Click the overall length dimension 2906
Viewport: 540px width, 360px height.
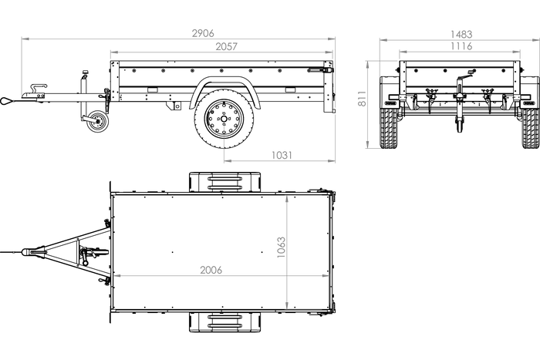203,33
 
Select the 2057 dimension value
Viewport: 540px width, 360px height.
226,46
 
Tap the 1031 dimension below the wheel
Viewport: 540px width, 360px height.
282,155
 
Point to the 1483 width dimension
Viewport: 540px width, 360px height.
461,35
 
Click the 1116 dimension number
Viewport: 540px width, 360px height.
461,46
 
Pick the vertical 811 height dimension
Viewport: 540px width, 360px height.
362,99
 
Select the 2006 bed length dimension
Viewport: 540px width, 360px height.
211,270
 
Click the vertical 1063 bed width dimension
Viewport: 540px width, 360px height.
281,247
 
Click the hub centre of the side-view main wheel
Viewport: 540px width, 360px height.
224,119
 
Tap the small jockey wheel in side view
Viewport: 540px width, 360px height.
97,121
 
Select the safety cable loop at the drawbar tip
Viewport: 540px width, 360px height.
7,101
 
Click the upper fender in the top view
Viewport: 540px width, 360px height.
225,182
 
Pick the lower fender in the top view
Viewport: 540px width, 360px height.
225,322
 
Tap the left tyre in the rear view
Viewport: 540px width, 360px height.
389,128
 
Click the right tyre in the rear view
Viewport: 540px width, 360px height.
531,128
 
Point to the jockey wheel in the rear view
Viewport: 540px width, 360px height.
460,125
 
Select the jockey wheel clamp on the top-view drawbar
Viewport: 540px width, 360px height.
90,254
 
